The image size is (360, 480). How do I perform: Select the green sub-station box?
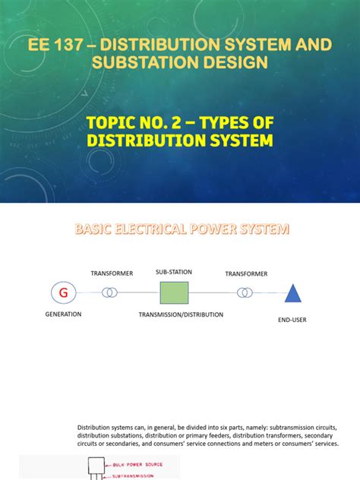point(173,292)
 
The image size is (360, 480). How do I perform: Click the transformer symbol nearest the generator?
point(111,292)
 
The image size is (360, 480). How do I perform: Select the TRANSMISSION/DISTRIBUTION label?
point(181,314)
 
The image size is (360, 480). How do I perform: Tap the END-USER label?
point(292,321)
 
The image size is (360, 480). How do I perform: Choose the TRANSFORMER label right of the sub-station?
point(246,273)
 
